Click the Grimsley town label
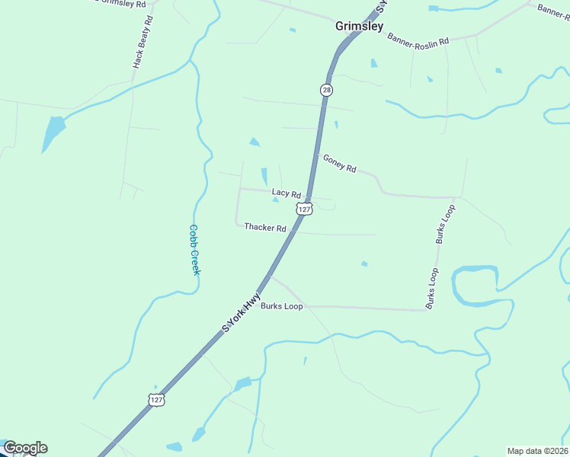click(x=360, y=26)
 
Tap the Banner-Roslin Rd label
click(x=418, y=40)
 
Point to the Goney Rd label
click(x=339, y=163)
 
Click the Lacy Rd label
click(x=287, y=194)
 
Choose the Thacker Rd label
click(x=264, y=228)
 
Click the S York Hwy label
click(x=242, y=312)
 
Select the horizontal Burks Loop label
click(x=282, y=306)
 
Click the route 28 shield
click(x=326, y=90)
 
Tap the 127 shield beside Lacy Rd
click(x=305, y=209)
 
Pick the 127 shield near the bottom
click(x=156, y=400)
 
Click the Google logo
click(x=24, y=448)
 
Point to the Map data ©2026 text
click(x=536, y=451)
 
